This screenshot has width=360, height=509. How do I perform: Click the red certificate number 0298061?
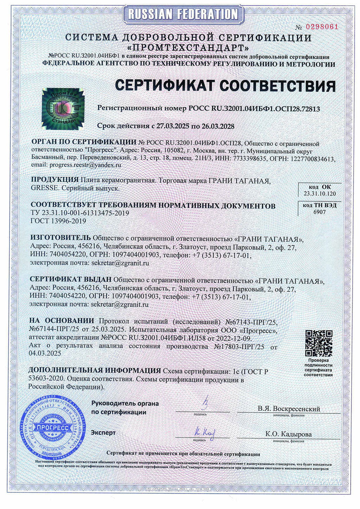click(x=321, y=27)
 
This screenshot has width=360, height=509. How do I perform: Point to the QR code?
click(x=319, y=343)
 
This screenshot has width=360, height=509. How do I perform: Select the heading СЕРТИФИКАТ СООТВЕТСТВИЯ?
click(x=225, y=86)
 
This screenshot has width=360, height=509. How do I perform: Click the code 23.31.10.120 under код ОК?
click(x=320, y=194)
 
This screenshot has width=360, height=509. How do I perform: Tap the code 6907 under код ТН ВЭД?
click(x=319, y=212)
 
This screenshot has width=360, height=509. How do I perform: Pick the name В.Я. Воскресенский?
click(x=289, y=409)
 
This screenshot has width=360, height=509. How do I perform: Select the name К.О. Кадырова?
click(x=289, y=434)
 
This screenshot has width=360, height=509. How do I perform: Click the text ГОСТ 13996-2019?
click(x=58, y=221)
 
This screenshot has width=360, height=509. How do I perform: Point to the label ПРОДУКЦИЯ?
click(x=54, y=180)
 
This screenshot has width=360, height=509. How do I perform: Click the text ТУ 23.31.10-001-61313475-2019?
click(x=80, y=213)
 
